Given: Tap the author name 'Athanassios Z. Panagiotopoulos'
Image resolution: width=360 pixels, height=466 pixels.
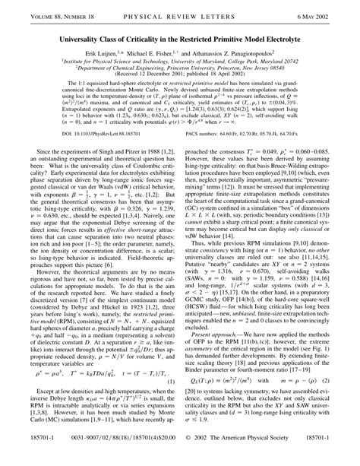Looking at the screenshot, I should pos(248,45).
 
